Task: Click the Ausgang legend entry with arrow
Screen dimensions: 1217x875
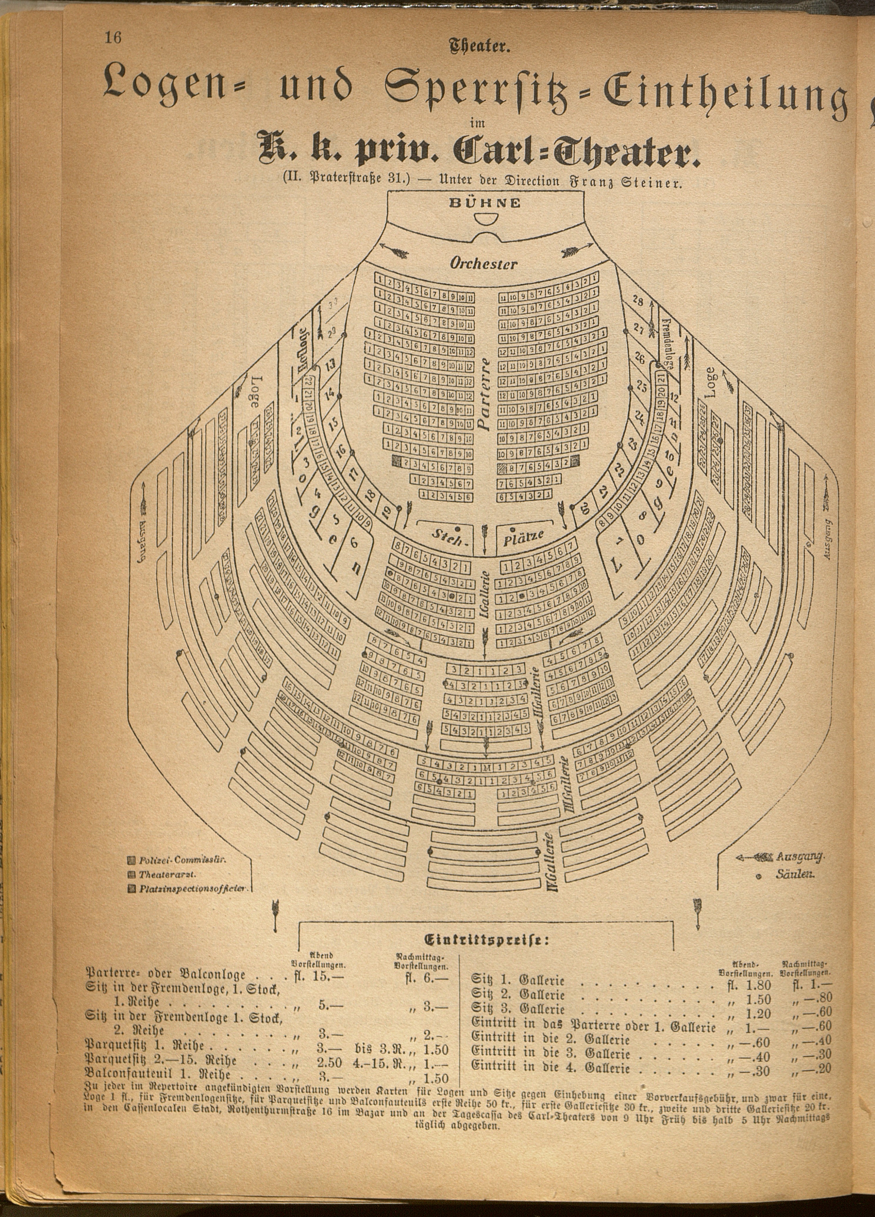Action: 780,857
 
